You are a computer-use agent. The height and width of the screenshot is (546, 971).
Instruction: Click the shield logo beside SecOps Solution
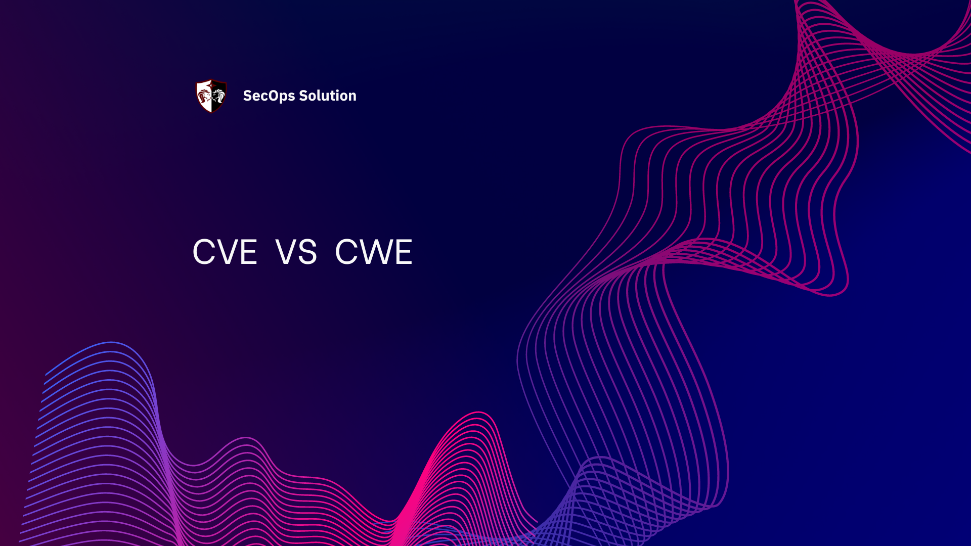tap(211, 96)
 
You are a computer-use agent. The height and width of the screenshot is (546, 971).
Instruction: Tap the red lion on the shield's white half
tap(204, 96)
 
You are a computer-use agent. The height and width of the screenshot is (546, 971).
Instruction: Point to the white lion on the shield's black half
tap(218, 95)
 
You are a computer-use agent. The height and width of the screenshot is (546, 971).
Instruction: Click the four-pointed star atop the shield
tap(211, 81)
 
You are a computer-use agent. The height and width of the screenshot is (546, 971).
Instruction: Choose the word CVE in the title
tap(225, 252)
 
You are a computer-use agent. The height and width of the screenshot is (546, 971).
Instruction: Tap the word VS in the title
tap(296, 252)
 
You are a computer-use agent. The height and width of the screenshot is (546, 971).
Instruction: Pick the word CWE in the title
tap(374, 252)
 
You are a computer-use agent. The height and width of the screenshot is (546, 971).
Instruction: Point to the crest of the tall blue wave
tap(111, 343)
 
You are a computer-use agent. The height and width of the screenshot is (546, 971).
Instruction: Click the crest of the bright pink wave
tap(478, 413)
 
